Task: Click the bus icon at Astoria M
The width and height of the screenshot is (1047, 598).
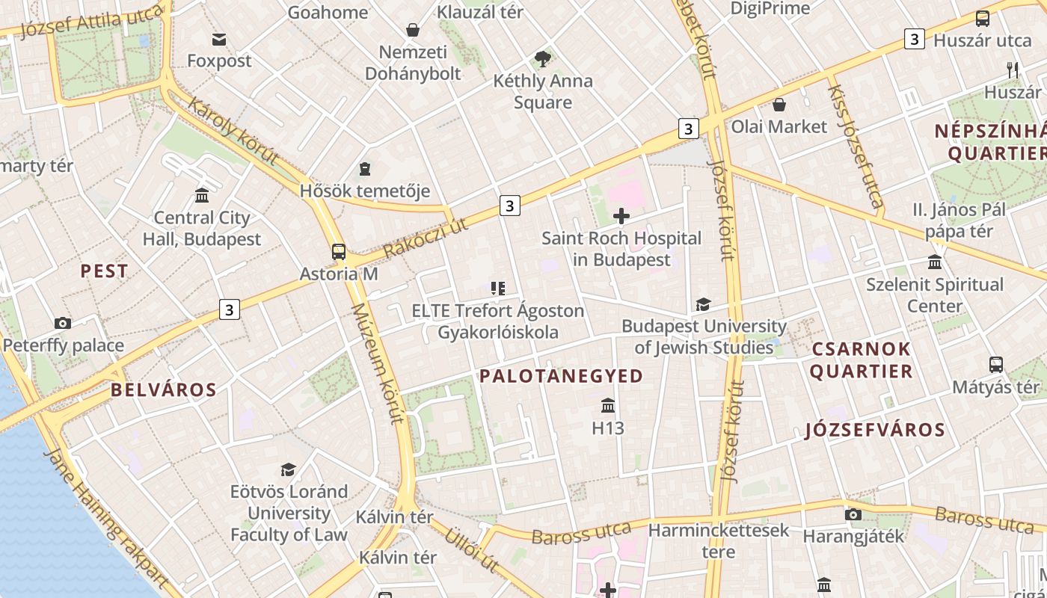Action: pyautogui.click(x=339, y=252)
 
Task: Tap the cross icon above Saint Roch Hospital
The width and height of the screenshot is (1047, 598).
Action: pyautogui.click(x=621, y=217)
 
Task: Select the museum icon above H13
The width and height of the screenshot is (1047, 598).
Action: pyautogui.click(x=607, y=406)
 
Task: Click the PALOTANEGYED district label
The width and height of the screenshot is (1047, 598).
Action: pyautogui.click(x=561, y=376)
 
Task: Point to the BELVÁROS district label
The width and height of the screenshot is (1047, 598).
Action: pyautogui.click(x=164, y=389)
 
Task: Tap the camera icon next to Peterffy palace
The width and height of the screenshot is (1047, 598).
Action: pyautogui.click(x=63, y=324)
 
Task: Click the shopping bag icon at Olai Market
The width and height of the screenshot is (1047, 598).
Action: pyautogui.click(x=779, y=105)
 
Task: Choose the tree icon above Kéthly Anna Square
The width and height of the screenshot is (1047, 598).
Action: pyautogui.click(x=543, y=58)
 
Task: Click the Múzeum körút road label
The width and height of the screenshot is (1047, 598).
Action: pyautogui.click(x=378, y=363)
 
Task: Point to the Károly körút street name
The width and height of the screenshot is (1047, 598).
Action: pyautogui.click(x=233, y=131)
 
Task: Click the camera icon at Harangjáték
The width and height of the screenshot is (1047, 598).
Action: pyautogui.click(x=853, y=514)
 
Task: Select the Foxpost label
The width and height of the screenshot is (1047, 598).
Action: pyautogui.click(x=219, y=61)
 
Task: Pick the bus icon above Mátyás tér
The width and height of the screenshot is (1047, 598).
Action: pyautogui.click(x=996, y=365)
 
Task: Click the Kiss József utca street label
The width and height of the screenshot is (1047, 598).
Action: pyautogui.click(x=855, y=146)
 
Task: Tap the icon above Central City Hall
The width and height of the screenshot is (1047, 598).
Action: pyautogui.click(x=202, y=196)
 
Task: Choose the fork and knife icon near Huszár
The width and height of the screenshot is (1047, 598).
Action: pyautogui.click(x=1013, y=70)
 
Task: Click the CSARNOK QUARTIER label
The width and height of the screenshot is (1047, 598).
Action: pyautogui.click(x=862, y=360)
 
